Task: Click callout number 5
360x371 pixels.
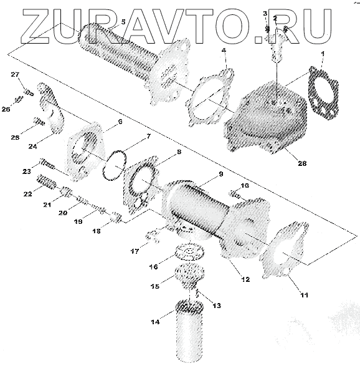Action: tap(123, 22)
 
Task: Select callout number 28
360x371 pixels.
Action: tap(302, 163)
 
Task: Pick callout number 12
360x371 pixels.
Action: tap(246, 279)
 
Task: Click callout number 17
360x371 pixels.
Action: tap(135, 251)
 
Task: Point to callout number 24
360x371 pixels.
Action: tap(32, 147)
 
